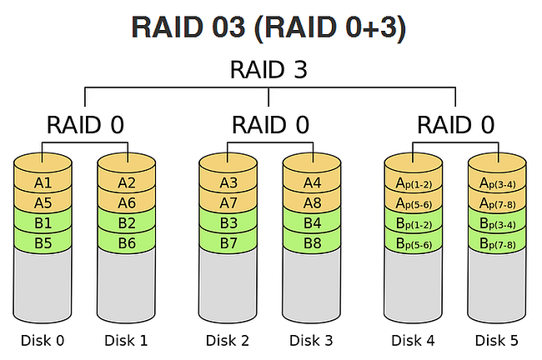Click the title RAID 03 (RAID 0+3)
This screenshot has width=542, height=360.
pos(268,27)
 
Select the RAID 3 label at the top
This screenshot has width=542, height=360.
pos(268,70)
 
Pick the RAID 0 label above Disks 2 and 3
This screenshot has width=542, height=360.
pos(269,126)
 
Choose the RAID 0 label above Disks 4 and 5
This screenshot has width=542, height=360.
pos(454,126)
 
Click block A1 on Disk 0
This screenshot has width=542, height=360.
pos(43,182)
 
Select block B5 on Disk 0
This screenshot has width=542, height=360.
pos(43,243)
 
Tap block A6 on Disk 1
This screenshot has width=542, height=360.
pos(127,202)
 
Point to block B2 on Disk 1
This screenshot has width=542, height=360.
pos(127,223)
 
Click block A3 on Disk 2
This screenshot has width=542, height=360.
pos(228,182)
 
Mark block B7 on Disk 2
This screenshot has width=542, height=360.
pos(228,243)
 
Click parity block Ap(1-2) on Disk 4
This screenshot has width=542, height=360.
pos(413,182)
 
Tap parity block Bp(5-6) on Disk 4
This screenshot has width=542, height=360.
pos(413,243)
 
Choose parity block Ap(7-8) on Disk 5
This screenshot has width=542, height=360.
pos(497,202)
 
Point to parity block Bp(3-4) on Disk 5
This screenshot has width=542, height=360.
pos(497,223)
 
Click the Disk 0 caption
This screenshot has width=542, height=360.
pos(43,340)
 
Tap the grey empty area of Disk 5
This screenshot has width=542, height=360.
pos(497,283)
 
